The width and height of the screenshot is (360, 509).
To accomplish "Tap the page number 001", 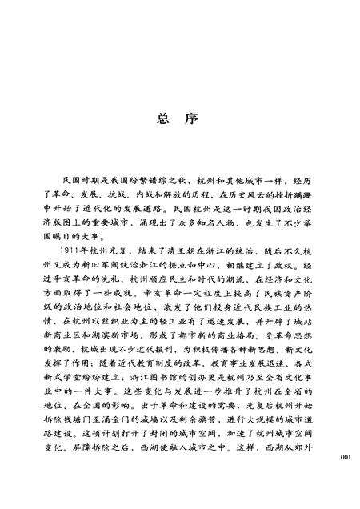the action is (346, 457).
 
